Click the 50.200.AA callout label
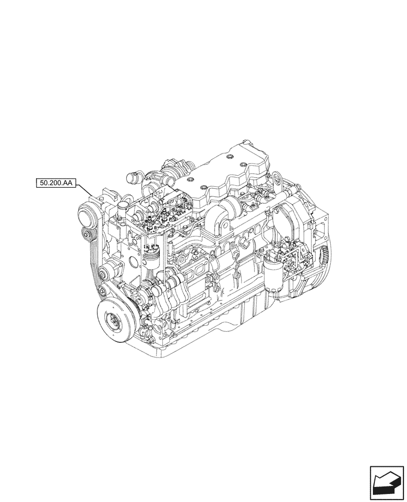tap(56, 183)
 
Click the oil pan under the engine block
tap(236, 326)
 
